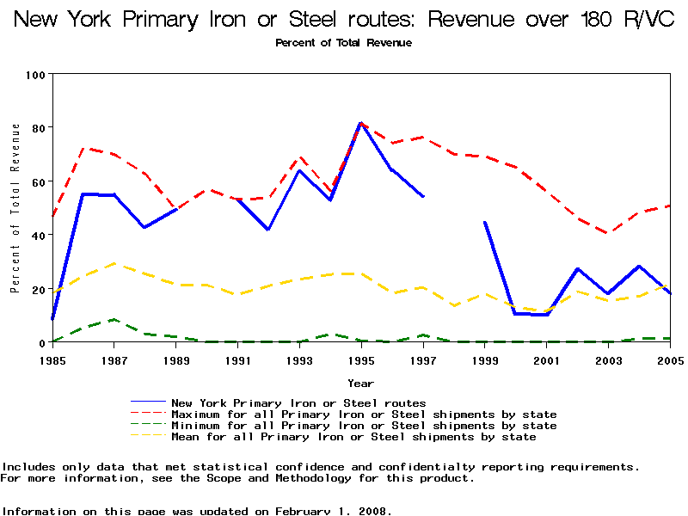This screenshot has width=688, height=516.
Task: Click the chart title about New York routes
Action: pos(344,20)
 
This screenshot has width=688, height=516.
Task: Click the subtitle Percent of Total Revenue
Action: pos(343,43)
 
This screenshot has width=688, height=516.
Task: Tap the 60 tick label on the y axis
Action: pos(38,182)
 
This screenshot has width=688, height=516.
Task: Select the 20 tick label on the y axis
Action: pos(38,290)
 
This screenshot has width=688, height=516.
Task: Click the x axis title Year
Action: pos(360,383)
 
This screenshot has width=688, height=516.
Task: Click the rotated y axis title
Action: pos(15,208)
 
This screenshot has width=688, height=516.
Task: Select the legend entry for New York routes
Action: pos(298,402)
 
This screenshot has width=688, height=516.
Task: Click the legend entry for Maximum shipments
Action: pos(364,415)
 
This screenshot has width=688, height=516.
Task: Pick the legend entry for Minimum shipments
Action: pos(364,426)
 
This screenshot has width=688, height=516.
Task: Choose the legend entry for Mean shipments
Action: pos(353,437)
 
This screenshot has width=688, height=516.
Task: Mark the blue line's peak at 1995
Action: pos(361,123)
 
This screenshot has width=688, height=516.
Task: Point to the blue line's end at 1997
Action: pos(423,196)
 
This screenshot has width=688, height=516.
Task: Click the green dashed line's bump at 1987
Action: pos(114,320)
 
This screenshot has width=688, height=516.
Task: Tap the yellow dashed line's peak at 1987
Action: pos(114,264)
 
